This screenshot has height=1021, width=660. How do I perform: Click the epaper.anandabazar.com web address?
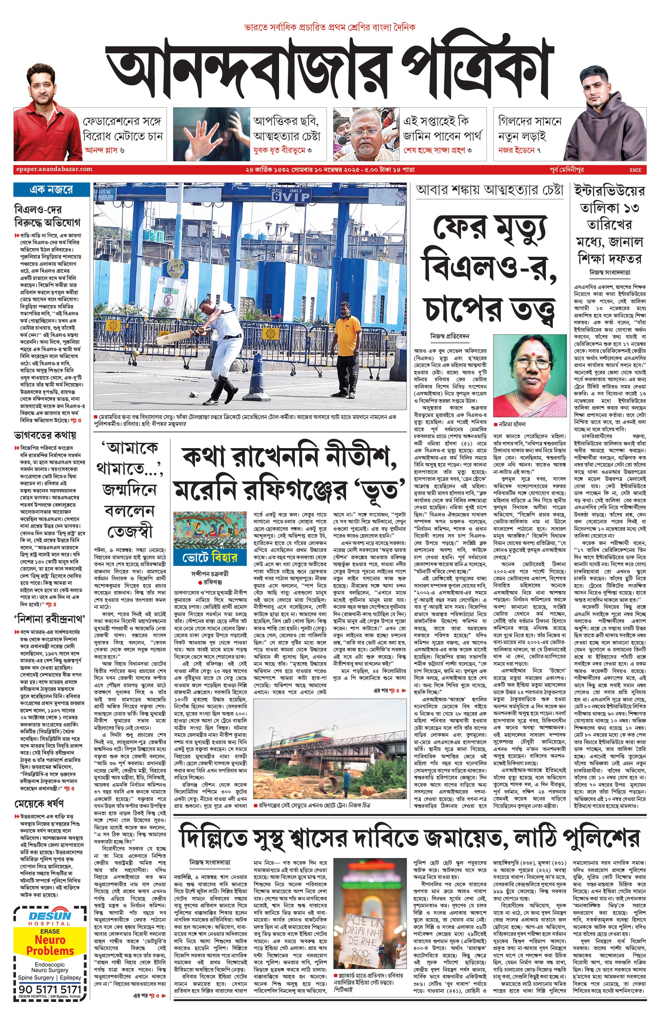click(53, 169)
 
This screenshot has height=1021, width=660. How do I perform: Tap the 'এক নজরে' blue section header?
click(52, 189)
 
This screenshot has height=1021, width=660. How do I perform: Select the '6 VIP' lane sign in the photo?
click(290, 195)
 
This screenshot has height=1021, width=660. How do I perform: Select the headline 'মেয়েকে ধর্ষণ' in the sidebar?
click(39, 803)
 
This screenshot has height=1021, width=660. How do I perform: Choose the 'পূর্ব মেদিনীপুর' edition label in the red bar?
click(567, 170)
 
